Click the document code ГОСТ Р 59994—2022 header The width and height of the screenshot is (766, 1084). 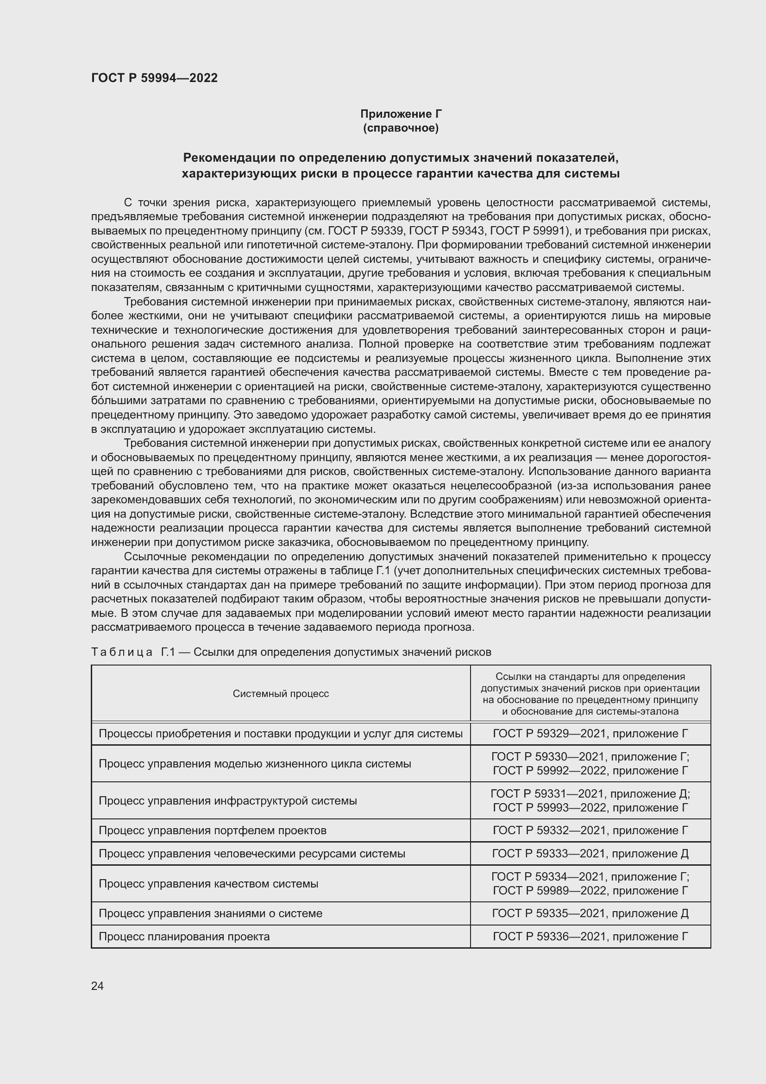(154, 78)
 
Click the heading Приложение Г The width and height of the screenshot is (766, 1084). (401, 114)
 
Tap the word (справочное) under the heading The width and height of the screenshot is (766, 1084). (401, 128)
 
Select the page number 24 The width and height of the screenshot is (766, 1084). (97, 986)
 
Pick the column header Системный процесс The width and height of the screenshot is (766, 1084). (281, 694)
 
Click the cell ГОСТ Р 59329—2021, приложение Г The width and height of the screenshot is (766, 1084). (590, 734)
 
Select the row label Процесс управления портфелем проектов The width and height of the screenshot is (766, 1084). (212, 830)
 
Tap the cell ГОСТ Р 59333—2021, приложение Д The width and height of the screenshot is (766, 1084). (590, 854)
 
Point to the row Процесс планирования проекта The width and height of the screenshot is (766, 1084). (184, 937)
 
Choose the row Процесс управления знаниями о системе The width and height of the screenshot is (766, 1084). (210, 913)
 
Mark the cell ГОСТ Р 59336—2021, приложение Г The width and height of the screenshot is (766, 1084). (590, 937)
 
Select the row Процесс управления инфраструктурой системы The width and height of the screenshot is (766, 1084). (228, 801)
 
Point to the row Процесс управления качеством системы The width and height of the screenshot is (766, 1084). (208, 884)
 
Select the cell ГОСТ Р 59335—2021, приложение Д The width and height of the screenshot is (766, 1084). (590, 913)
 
